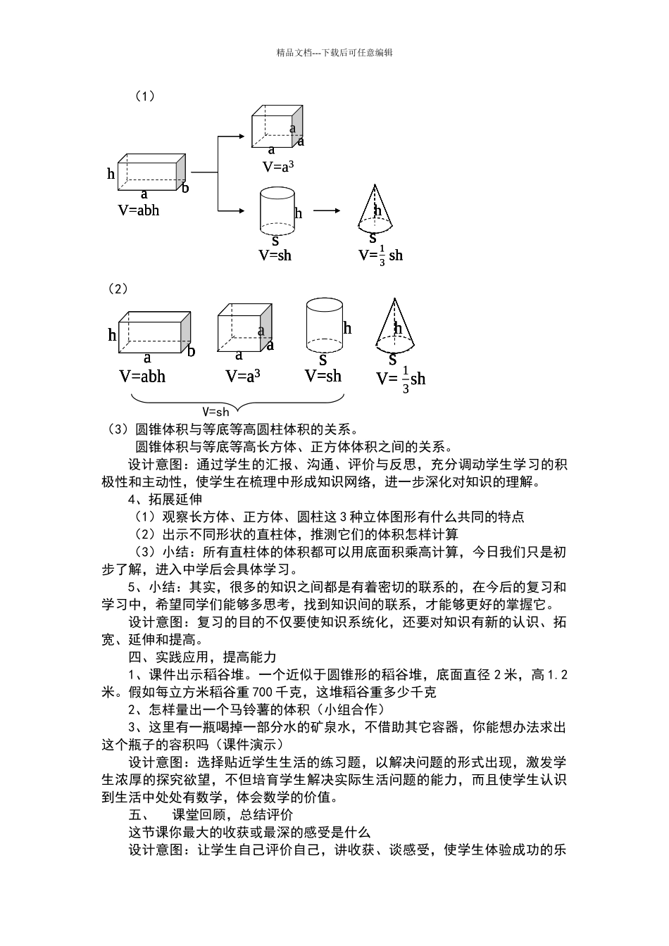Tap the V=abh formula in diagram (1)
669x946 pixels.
[x=138, y=210]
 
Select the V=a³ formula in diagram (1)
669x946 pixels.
[x=277, y=167]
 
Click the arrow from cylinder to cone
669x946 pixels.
[x=327, y=210]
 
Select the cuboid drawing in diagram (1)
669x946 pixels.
[x=151, y=171]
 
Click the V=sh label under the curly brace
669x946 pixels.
[x=215, y=412]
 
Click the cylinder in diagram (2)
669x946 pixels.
[x=323, y=324]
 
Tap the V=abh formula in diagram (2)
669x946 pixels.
[x=142, y=377]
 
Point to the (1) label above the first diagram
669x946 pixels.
[x=144, y=96]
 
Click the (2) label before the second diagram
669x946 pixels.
[x=116, y=289]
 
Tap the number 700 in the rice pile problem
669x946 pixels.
[x=261, y=692]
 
